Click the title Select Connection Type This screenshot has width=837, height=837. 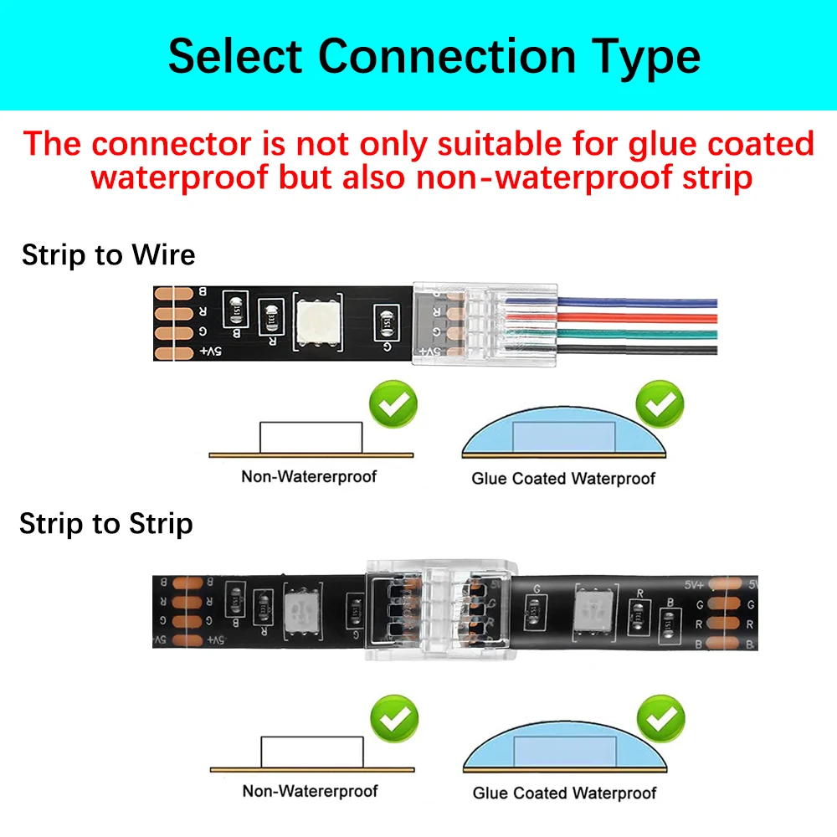[434, 56]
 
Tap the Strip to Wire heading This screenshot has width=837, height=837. [108, 254]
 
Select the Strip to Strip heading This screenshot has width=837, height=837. [106, 524]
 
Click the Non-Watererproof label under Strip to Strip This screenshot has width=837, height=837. [310, 791]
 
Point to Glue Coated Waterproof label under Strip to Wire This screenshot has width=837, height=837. [563, 479]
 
